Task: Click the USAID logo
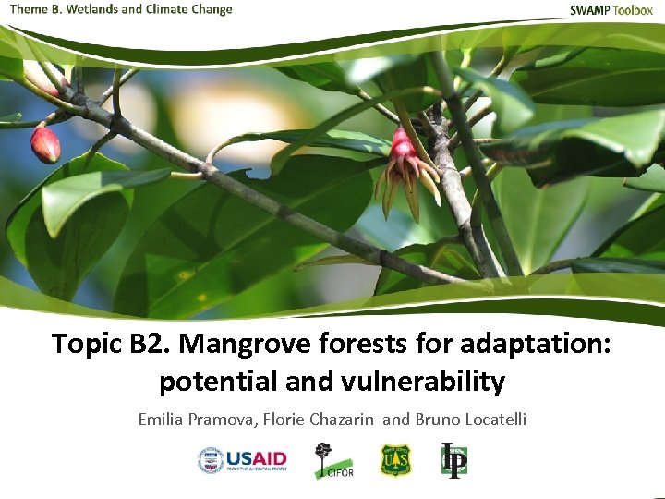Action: [x=242, y=460]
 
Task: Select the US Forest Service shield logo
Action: [x=395, y=459]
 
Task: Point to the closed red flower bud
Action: [x=44, y=144]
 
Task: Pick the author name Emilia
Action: [x=161, y=420]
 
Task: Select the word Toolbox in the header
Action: [x=635, y=10]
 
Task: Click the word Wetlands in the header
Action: [x=91, y=9]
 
